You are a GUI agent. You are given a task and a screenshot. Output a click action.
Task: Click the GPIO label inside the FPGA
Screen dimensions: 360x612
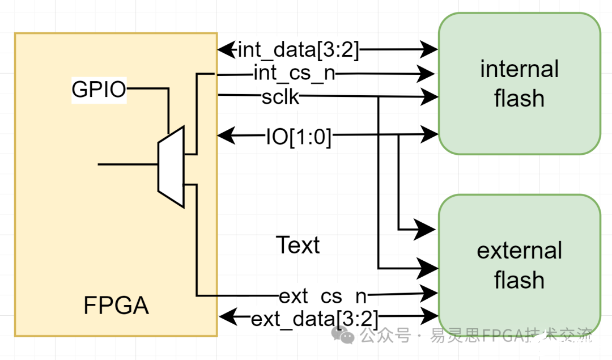tap(99, 89)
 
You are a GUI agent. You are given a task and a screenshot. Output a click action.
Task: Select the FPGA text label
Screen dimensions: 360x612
tap(116, 306)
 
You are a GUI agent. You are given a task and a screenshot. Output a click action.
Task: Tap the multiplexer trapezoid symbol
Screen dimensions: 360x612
tap(171, 167)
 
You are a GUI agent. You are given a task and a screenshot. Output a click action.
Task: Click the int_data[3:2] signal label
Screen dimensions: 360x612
tap(298, 50)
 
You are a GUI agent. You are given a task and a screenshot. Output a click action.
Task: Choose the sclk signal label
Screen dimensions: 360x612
tap(280, 96)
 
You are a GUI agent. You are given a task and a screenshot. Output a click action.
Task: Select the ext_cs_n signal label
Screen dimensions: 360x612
tap(322, 295)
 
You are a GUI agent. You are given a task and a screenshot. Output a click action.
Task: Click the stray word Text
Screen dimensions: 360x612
tap(297, 245)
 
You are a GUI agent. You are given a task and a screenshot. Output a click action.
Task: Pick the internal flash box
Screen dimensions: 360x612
tap(519, 83)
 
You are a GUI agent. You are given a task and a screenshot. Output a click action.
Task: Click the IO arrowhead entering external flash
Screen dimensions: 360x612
tap(427, 230)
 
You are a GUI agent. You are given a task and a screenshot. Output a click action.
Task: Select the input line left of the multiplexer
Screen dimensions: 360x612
tap(127, 164)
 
